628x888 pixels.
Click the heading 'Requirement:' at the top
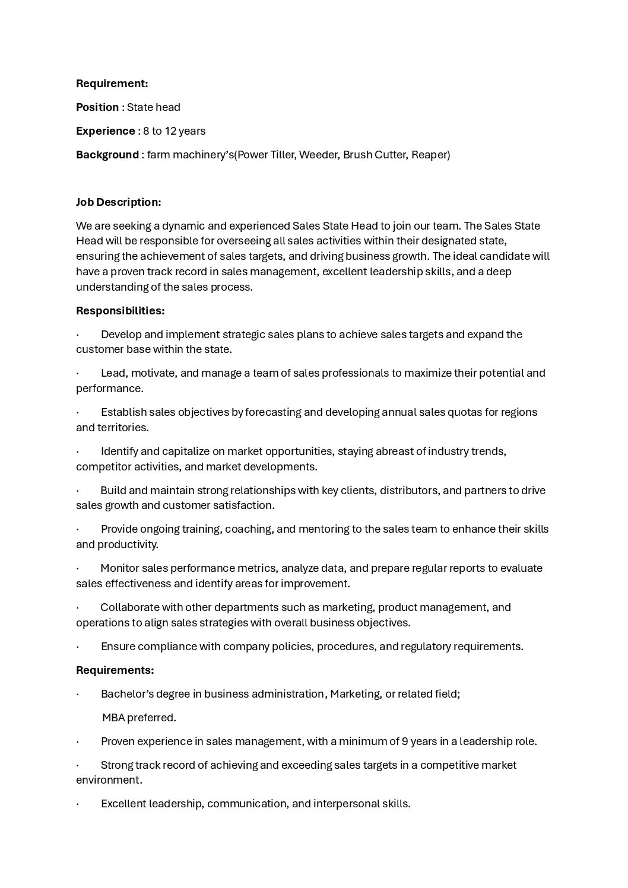point(112,84)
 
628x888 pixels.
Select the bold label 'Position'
point(97,107)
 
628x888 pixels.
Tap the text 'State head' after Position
point(154,107)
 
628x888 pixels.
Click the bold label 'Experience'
point(106,131)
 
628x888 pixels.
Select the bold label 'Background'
point(107,155)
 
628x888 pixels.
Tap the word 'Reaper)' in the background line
point(430,155)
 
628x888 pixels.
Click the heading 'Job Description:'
point(119,202)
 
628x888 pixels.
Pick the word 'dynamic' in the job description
point(182,226)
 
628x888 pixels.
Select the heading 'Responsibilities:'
point(120,311)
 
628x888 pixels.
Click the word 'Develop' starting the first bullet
point(121,335)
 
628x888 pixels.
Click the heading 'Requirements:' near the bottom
point(115,670)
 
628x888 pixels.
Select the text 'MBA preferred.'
point(139,718)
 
